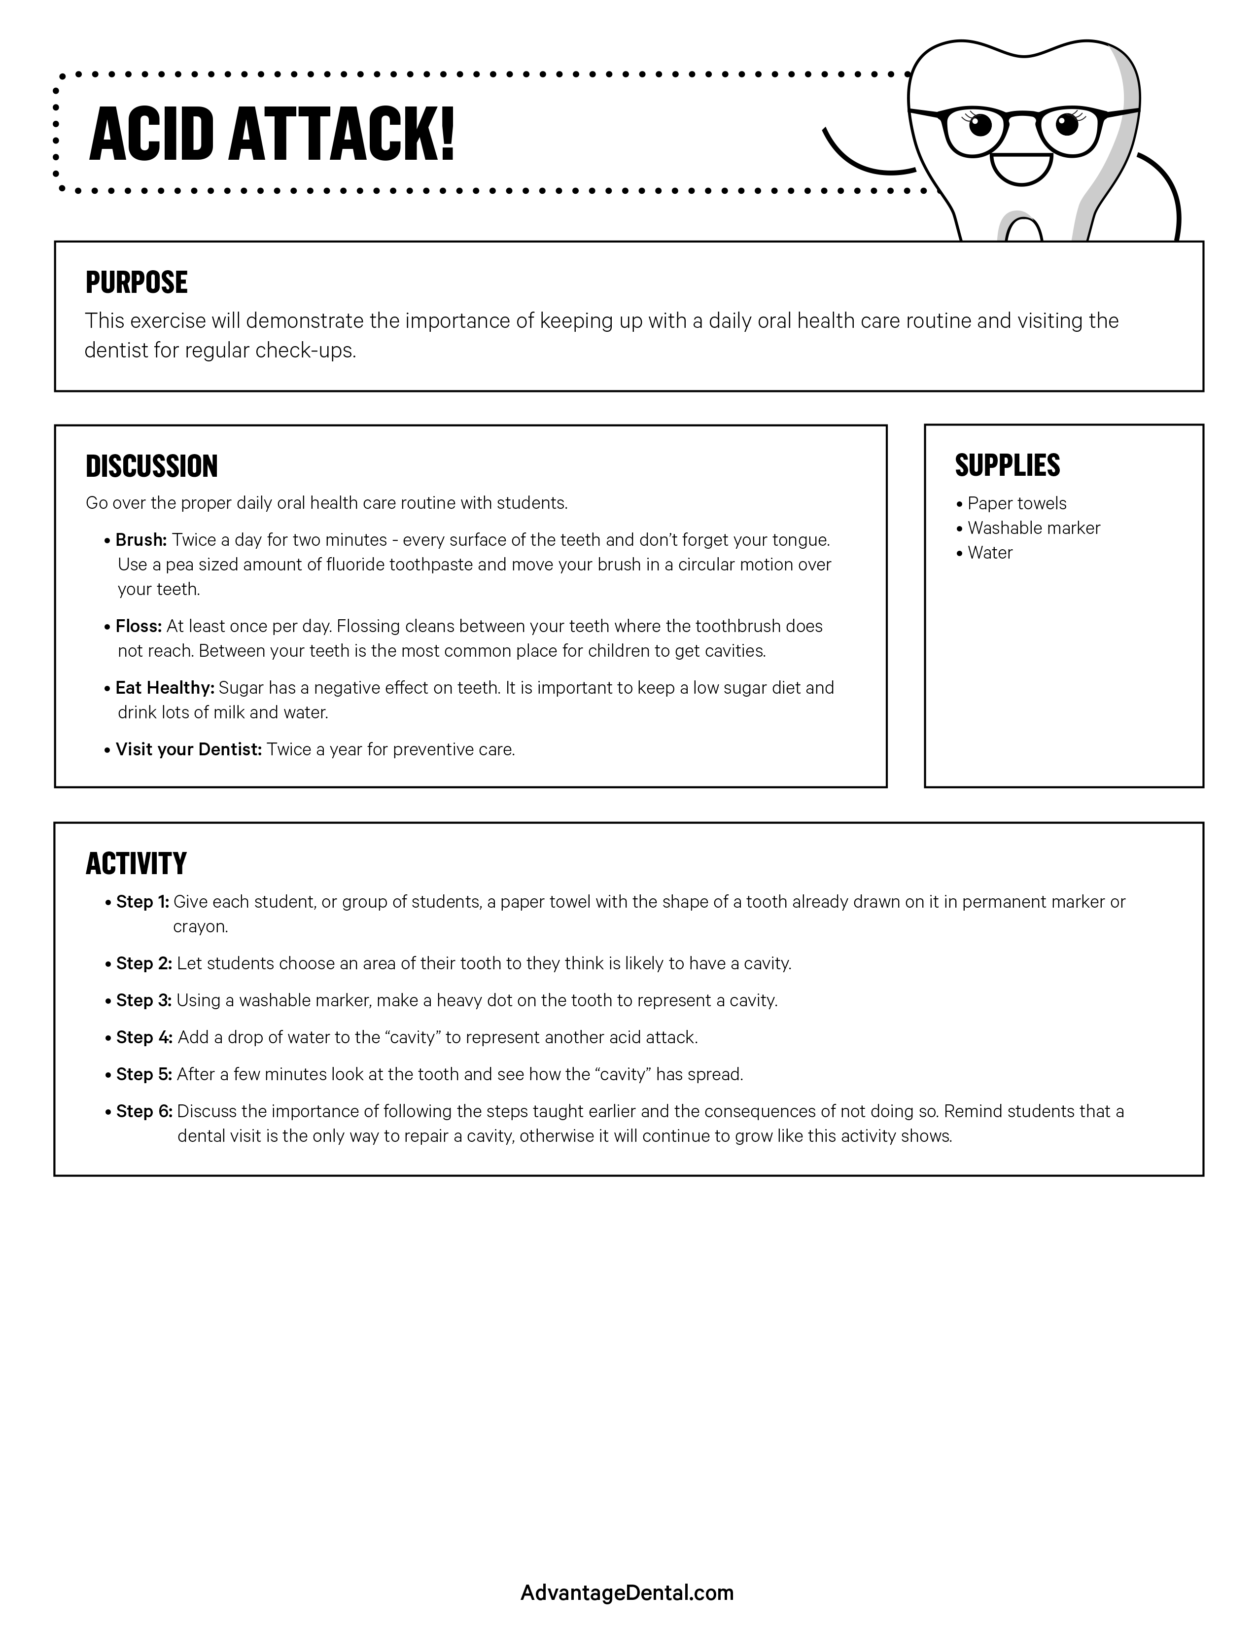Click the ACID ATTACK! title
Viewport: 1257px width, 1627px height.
pos(272,134)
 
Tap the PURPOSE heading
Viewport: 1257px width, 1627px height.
pos(136,283)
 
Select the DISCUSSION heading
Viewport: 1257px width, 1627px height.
pos(151,466)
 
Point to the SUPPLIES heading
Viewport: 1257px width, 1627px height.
pos(1007,465)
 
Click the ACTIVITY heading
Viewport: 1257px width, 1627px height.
pos(136,863)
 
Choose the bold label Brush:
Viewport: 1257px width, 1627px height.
pos(141,539)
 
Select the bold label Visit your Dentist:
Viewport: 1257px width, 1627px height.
pos(188,749)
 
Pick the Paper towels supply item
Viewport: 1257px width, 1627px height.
pos(1016,503)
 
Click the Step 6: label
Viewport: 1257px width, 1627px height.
pos(144,1111)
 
